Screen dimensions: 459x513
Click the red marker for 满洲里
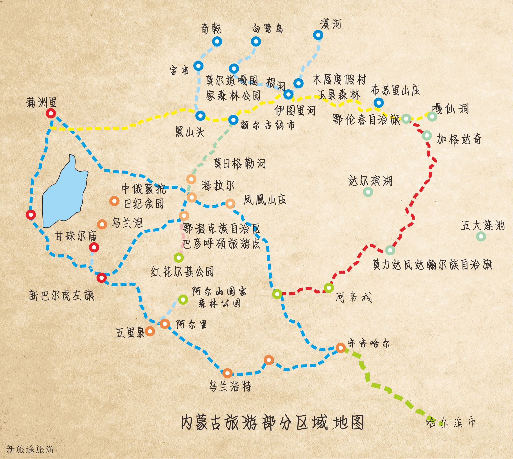(x=51, y=113)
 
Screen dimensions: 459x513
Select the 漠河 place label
(x=330, y=25)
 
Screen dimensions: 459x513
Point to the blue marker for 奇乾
(x=217, y=41)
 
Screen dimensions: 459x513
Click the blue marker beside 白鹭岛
(x=256, y=41)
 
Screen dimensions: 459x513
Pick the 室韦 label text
(x=179, y=70)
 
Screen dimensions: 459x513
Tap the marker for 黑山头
(x=200, y=116)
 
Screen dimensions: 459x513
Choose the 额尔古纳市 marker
(x=233, y=119)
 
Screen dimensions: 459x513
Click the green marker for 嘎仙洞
(x=432, y=116)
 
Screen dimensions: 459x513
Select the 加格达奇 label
(x=459, y=139)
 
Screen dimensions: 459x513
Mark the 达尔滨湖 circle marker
(x=368, y=192)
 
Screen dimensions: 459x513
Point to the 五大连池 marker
(x=481, y=236)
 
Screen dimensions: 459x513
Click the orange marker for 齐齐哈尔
(x=340, y=348)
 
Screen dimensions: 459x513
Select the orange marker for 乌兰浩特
(x=227, y=373)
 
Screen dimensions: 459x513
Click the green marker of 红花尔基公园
(x=179, y=257)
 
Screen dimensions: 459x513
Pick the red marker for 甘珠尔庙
(x=94, y=247)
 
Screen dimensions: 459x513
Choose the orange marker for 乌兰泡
(x=102, y=224)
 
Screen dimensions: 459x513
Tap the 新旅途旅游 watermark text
(x=30, y=449)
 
